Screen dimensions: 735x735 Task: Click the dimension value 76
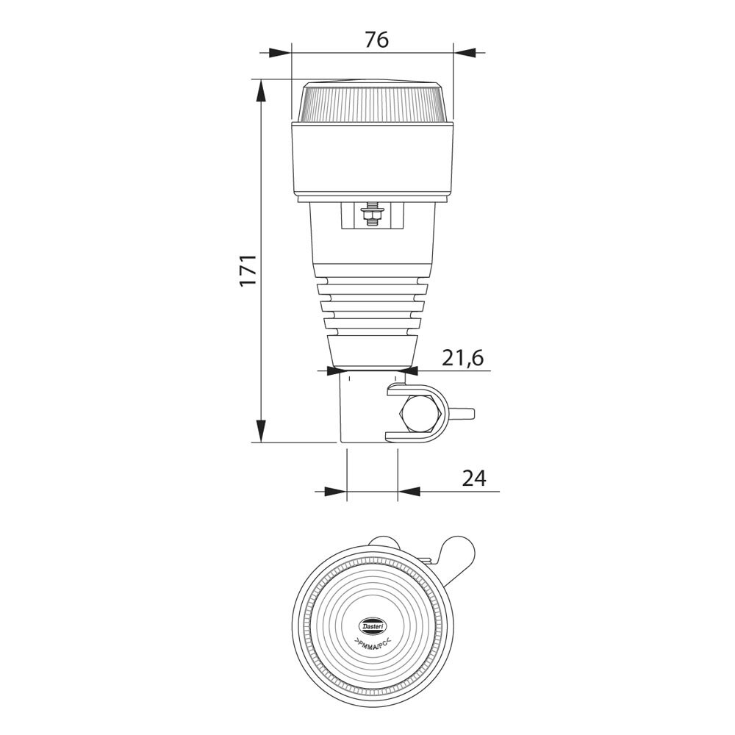click(376, 40)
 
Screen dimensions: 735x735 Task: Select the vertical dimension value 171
click(248, 270)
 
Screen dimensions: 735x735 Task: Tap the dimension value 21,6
click(462, 358)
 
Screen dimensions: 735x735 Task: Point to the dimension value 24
click(474, 478)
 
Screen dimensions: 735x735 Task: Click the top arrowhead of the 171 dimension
click(260, 90)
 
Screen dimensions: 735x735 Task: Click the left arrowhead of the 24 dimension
click(335, 491)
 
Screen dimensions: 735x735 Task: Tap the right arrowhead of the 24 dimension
click(409, 491)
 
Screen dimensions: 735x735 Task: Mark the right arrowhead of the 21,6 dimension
click(407, 371)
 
